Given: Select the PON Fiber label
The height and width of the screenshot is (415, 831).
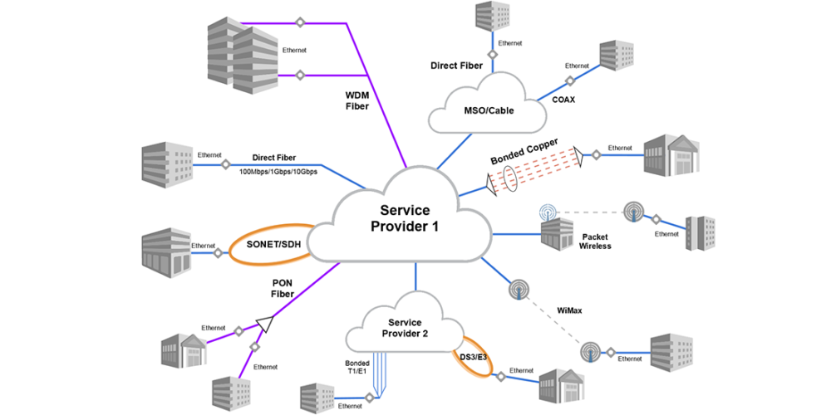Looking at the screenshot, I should pos(283,287).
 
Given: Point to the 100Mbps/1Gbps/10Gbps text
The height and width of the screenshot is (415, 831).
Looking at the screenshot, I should pos(278,172).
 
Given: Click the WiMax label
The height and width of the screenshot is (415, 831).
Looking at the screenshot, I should pos(569,311).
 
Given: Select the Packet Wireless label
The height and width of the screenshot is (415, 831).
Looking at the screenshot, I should pos(596,241).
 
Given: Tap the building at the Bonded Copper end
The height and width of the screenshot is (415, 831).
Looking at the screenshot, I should pos(670,154).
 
